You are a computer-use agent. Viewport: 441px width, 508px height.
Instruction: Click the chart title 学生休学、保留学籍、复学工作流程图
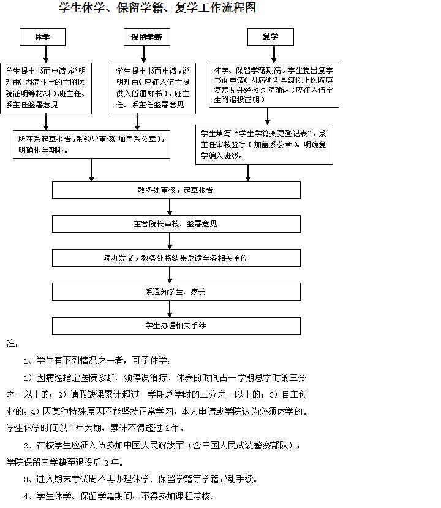pos(157,9)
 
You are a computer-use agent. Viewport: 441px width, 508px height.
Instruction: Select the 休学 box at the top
pos(42,37)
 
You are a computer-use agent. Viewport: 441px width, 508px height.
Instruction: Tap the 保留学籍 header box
pos(146,37)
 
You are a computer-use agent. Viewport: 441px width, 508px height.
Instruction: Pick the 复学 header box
pos(270,37)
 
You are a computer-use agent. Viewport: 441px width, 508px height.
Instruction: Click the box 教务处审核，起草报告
pos(176,190)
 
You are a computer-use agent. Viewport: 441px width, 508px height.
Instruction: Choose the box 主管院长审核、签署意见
pos(176,224)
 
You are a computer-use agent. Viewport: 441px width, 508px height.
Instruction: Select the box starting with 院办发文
pos(176,258)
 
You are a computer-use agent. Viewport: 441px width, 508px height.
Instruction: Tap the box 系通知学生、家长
pos(176,292)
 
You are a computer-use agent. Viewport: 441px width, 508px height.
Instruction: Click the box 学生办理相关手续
pos(176,326)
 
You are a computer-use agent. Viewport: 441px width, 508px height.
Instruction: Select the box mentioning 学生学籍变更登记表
pos(265,145)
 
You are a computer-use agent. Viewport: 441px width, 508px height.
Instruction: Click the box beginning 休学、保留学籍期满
pos(274,85)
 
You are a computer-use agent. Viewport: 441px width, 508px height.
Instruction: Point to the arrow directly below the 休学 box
pos(42,54)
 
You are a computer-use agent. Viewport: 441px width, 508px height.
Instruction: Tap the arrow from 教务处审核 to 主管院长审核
pos(171,207)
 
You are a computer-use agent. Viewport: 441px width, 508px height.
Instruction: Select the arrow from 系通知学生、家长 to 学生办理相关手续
pos(171,309)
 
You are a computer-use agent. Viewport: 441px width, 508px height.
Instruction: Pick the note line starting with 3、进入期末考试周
pos(140,479)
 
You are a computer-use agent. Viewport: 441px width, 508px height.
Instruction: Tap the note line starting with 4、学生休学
pos(119,496)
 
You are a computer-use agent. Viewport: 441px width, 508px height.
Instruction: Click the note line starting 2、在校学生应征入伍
pos(162,445)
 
